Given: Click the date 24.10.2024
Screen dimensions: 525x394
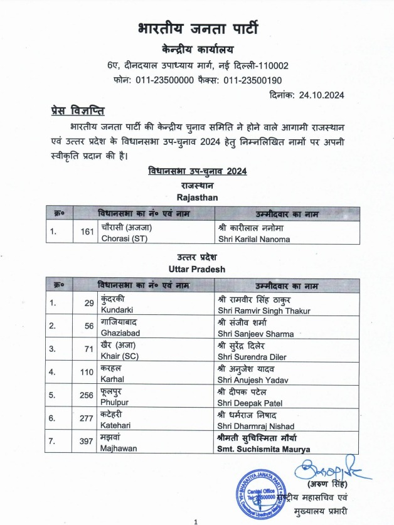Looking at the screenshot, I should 322,95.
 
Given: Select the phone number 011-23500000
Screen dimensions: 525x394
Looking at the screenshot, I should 164,80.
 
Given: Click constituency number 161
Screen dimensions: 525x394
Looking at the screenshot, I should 87,233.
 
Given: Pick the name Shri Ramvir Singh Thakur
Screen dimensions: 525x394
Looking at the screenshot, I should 267,309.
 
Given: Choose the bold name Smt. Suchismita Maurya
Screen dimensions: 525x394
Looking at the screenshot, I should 264,449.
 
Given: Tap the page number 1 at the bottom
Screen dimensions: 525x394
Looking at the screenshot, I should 196,521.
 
